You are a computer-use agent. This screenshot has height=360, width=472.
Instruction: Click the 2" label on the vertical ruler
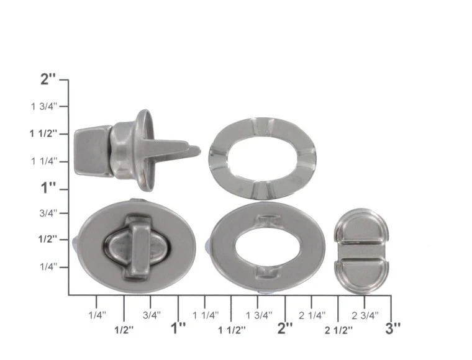click(48, 79)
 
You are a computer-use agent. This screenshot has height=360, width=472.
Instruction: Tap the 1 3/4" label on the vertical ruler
click(44, 107)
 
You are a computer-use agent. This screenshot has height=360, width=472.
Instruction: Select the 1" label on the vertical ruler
click(48, 188)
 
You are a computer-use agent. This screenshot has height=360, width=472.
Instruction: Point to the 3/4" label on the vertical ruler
click(48, 214)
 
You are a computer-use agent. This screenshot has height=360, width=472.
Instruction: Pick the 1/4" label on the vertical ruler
click(48, 266)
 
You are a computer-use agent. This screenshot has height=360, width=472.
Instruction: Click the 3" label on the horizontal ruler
click(393, 328)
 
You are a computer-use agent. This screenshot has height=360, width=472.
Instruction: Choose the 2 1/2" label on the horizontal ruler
click(338, 330)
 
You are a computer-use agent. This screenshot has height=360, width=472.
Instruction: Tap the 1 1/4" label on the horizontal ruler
click(206, 315)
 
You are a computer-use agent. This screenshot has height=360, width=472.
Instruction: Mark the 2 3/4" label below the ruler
click(365, 315)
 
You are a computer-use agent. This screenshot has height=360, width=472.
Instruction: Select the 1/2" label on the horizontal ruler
click(124, 330)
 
